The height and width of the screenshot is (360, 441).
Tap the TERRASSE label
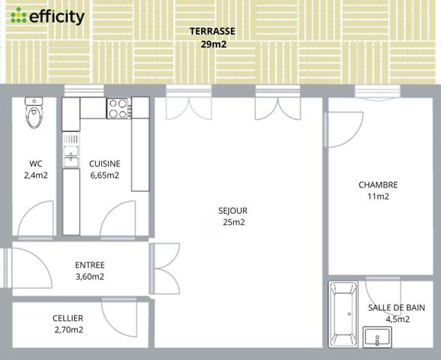pos(213,31)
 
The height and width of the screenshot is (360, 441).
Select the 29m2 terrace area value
pos(213,44)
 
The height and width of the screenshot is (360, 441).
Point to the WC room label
pos(35,163)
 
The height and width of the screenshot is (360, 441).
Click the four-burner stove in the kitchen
pos(118,109)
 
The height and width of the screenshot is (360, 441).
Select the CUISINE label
pos(104,163)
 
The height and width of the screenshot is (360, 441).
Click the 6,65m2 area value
pos(104,175)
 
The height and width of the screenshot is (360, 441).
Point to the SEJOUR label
pos(233,211)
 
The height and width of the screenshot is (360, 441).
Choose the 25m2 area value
pos(233,223)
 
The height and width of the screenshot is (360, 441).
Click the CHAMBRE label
pos(378,184)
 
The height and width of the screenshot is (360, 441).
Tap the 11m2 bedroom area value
pos(378,196)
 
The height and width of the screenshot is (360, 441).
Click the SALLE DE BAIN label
pos(397,307)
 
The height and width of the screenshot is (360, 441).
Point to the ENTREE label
pos(90,265)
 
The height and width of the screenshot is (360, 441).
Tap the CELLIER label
pos(68,318)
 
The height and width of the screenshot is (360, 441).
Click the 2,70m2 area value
pos(68,330)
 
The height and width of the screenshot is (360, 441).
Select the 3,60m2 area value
pos(90,277)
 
